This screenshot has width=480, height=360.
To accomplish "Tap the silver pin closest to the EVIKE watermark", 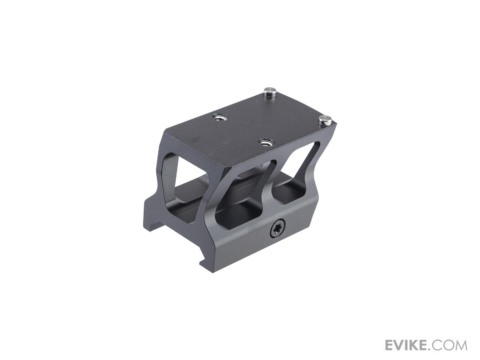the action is tap(325, 120).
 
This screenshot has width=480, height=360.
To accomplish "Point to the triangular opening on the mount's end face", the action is tap(170, 179).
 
